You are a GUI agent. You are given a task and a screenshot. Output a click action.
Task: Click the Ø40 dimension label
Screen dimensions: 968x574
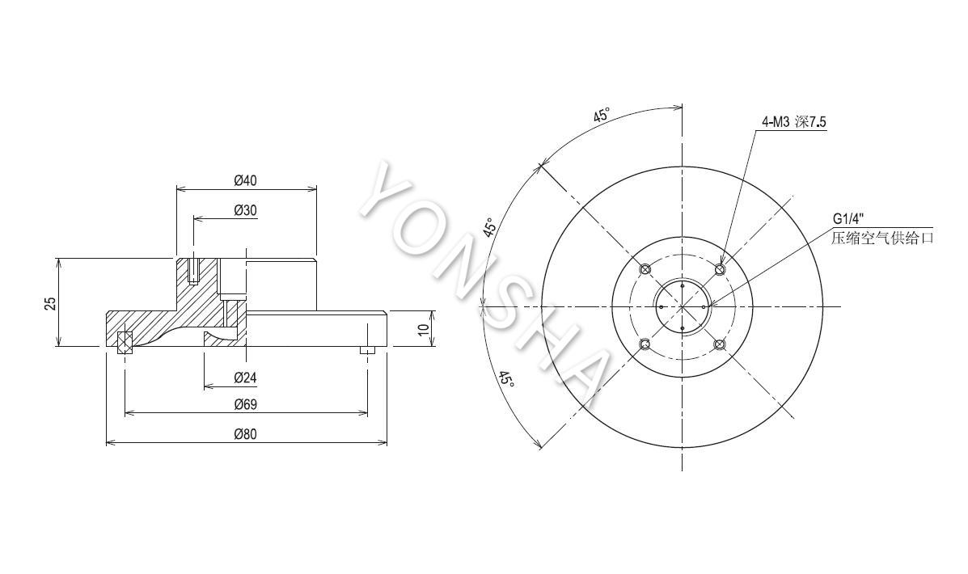tap(245, 181)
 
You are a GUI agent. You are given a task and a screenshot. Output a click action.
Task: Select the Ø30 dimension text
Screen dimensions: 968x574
tap(245, 210)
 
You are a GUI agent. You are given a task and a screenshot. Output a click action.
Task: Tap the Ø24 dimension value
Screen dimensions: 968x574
tap(245, 378)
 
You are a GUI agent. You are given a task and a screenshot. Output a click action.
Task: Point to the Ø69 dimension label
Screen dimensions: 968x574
tap(245, 405)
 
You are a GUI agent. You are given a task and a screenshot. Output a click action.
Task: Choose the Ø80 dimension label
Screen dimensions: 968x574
tap(245, 434)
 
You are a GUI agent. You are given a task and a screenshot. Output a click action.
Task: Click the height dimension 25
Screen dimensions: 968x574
tap(51, 303)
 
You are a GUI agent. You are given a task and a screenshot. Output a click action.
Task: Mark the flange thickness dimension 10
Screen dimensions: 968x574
tap(423, 329)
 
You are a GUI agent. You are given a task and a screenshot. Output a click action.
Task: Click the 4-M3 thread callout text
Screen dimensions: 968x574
tap(793, 122)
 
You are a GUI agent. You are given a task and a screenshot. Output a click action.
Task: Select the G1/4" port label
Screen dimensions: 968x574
tap(847, 218)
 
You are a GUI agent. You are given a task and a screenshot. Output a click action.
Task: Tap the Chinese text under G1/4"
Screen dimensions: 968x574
tap(882, 238)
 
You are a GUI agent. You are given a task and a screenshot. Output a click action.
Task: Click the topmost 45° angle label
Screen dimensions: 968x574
tap(602, 115)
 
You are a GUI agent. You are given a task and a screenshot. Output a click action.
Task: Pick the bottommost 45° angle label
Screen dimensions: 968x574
tap(507, 378)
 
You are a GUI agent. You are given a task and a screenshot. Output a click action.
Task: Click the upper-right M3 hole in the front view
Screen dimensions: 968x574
tap(720, 269)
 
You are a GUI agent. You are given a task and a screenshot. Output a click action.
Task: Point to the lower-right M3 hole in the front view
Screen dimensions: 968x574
tap(720, 344)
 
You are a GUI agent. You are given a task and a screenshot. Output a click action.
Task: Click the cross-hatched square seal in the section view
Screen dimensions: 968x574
tap(125, 342)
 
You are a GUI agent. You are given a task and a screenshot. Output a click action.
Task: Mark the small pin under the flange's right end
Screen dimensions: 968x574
tap(368, 350)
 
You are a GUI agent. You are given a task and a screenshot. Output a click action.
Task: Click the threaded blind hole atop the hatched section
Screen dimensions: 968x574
tap(194, 270)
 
